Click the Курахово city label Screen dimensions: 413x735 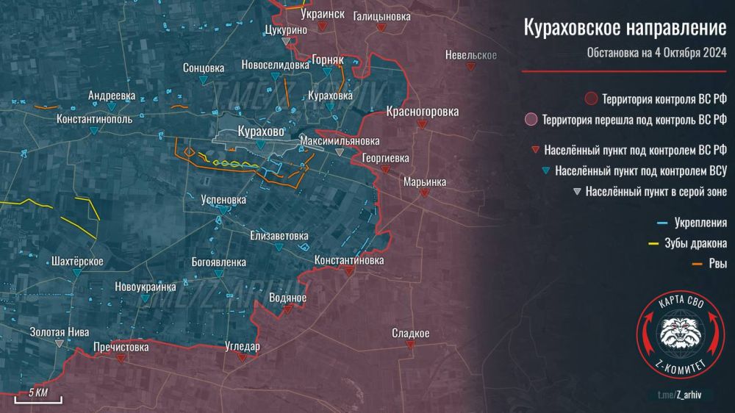click(x=261, y=132)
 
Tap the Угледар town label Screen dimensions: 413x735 click(x=242, y=346)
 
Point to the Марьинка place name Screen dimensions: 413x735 click(x=424, y=181)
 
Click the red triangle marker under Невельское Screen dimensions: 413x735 click(x=470, y=66)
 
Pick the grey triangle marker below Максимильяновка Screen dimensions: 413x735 click(x=339, y=152)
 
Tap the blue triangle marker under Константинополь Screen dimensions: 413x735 click(x=94, y=131)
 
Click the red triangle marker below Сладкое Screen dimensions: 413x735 click(x=411, y=345)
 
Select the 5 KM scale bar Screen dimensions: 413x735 click(x=39, y=398)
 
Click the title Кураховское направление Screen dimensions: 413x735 click(x=624, y=28)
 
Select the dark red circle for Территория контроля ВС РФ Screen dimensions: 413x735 click(x=590, y=98)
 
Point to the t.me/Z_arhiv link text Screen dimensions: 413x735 click(x=681, y=395)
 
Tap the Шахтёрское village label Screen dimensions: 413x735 click(x=78, y=261)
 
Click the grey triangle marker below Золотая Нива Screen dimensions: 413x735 click(x=60, y=343)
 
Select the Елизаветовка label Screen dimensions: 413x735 click(x=279, y=236)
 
